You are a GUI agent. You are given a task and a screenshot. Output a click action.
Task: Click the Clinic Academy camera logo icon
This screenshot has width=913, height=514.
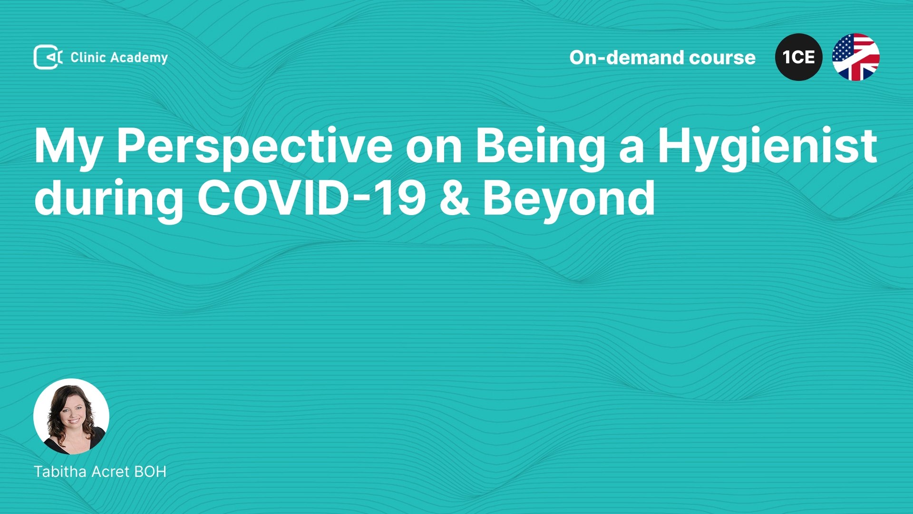[48, 57]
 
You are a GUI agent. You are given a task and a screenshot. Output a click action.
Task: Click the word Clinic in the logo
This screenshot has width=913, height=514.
[88, 57]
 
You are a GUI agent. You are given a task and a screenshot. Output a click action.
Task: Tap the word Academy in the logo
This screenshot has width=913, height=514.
[139, 58]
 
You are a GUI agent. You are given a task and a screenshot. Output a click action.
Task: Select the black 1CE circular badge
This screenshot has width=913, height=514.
[798, 57]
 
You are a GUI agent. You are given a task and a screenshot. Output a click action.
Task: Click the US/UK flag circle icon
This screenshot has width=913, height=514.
[855, 57]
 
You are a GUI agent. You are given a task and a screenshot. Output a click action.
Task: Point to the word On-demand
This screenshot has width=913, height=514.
[626, 58]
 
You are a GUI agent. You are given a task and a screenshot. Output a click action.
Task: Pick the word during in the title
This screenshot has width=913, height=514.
[109, 199]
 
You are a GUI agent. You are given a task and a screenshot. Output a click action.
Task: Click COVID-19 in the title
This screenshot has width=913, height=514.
[312, 198]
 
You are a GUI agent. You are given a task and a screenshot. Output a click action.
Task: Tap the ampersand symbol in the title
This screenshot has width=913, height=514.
[455, 198]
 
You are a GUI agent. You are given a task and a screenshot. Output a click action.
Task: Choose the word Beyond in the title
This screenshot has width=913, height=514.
[569, 199]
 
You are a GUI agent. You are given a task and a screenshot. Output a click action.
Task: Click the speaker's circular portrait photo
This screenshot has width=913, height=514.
[71, 416]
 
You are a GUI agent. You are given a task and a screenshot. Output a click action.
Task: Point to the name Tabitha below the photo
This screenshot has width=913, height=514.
[60, 471]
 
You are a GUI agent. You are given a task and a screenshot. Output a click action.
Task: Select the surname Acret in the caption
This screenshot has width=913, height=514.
[111, 471]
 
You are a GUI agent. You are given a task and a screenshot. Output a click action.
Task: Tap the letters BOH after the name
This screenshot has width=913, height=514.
[150, 471]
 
